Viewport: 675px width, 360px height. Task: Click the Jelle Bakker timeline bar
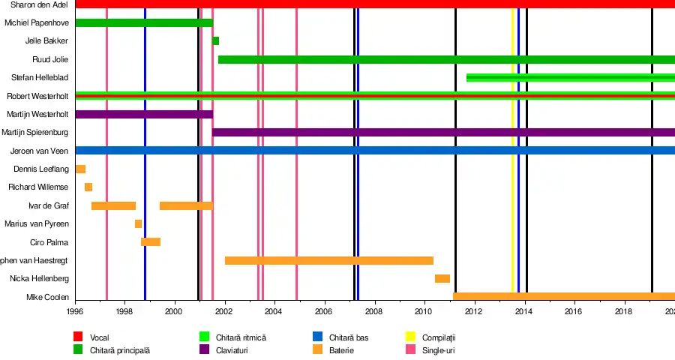[x=216, y=41]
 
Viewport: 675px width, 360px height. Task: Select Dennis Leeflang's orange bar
[x=80, y=169]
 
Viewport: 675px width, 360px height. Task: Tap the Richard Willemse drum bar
[x=88, y=187]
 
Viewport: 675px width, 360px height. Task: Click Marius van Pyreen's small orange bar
[x=138, y=224]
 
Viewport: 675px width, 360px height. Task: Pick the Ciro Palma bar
[x=151, y=242]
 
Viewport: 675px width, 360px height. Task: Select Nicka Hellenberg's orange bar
[x=442, y=279]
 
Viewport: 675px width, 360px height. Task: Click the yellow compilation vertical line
[x=512, y=150]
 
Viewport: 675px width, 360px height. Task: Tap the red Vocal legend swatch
[x=78, y=337]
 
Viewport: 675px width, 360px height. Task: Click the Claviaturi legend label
[x=233, y=350]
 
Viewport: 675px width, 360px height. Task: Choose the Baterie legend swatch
[x=318, y=350]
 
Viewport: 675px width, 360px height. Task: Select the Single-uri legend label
[x=439, y=350]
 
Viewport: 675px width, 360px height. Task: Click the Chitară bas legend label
[x=349, y=337]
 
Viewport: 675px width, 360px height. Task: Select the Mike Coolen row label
[x=47, y=298]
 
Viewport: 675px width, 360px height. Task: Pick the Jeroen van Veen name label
[x=40, y=151]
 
